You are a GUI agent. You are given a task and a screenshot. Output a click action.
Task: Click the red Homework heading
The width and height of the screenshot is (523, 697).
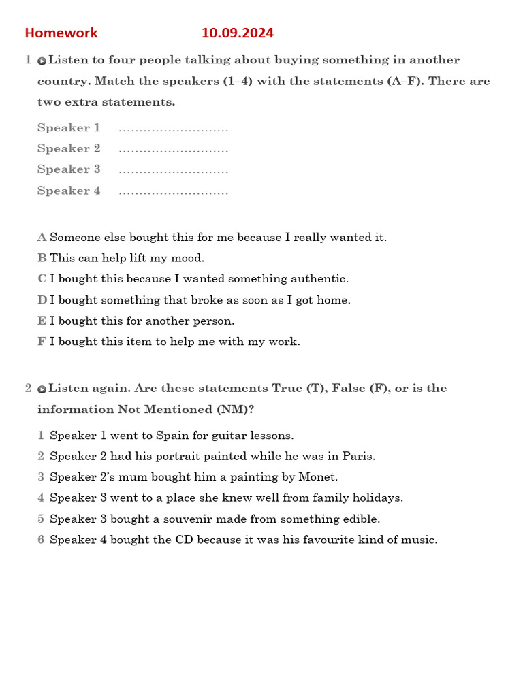tap(61, 33)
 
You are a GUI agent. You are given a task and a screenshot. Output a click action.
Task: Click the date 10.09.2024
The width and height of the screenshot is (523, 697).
tap(238, 33)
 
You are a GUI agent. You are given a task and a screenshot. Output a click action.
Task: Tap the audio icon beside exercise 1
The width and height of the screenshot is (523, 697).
tap(42, 61)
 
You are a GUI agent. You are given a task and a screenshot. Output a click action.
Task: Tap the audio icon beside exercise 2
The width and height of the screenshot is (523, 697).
tap(42, 389)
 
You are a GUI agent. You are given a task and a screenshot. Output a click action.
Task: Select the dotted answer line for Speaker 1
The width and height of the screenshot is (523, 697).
tap(173, 129)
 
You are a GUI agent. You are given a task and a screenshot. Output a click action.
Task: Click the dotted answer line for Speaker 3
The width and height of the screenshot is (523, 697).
tap(173, 170)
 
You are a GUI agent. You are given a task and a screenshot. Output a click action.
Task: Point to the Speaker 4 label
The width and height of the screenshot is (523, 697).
tap(69, 191)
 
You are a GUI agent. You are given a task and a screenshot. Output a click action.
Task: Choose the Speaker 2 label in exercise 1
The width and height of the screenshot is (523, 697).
tap(69, 148)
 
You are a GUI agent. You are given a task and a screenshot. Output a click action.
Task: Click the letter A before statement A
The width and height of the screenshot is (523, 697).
tap(42, 238)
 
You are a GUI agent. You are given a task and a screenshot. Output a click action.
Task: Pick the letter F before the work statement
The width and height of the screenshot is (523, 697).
tap(42, 342)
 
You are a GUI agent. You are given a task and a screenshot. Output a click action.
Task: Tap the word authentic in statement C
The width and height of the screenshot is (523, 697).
tap(321, 279)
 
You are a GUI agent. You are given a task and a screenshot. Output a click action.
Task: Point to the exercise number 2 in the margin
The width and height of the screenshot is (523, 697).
tap(29, 388)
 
